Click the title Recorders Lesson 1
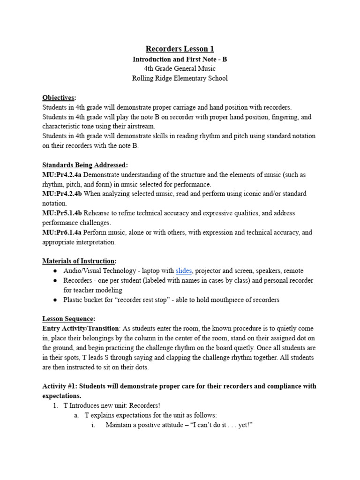pos(180,49)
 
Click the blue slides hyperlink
pos(183,271)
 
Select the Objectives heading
pos(59,98)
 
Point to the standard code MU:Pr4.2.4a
pos(64,175)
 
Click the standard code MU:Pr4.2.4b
pos(64,194)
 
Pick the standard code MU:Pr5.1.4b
pos(64,213)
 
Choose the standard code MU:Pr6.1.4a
pos(64,232)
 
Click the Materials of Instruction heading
pos(79,261)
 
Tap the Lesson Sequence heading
pos(68,319)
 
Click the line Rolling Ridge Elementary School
pos(180,78)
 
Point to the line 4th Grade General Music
pos(180,69)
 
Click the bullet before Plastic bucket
pos(55,300)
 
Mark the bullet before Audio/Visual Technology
pos(55,271)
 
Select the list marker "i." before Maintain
pos(93,425)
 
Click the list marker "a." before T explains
pos(76,415)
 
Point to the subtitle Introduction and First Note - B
pos(180,60)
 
